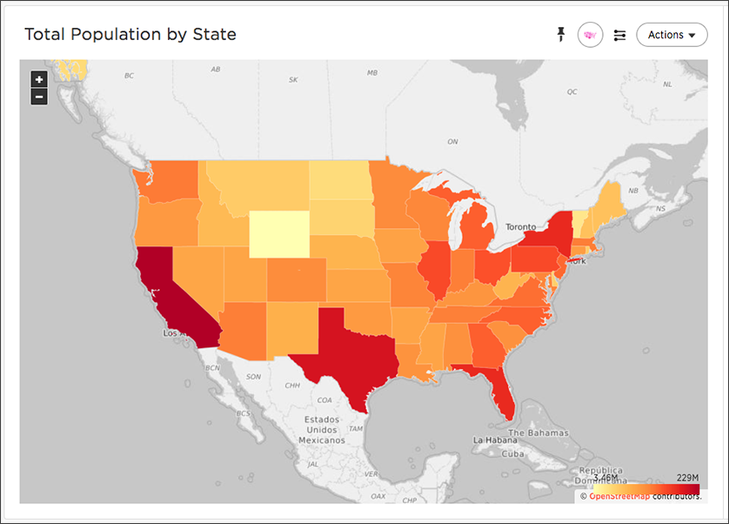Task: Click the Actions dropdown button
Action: tap(671, 35)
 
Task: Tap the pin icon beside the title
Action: tap(561, 35)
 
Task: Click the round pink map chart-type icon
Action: tap(591, 35)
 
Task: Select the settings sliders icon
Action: tap(619, 35)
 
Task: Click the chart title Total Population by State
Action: tap(130, 34)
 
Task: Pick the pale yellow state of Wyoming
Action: tap(278, 233)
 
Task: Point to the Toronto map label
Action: tap(522, 226)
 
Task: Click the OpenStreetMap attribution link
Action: tap(619, 496)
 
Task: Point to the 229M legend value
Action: tap(687, 477)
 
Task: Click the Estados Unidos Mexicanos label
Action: tap(322, 430)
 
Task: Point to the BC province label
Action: tap(130, 76)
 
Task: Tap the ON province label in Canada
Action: tap(452, 141)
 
